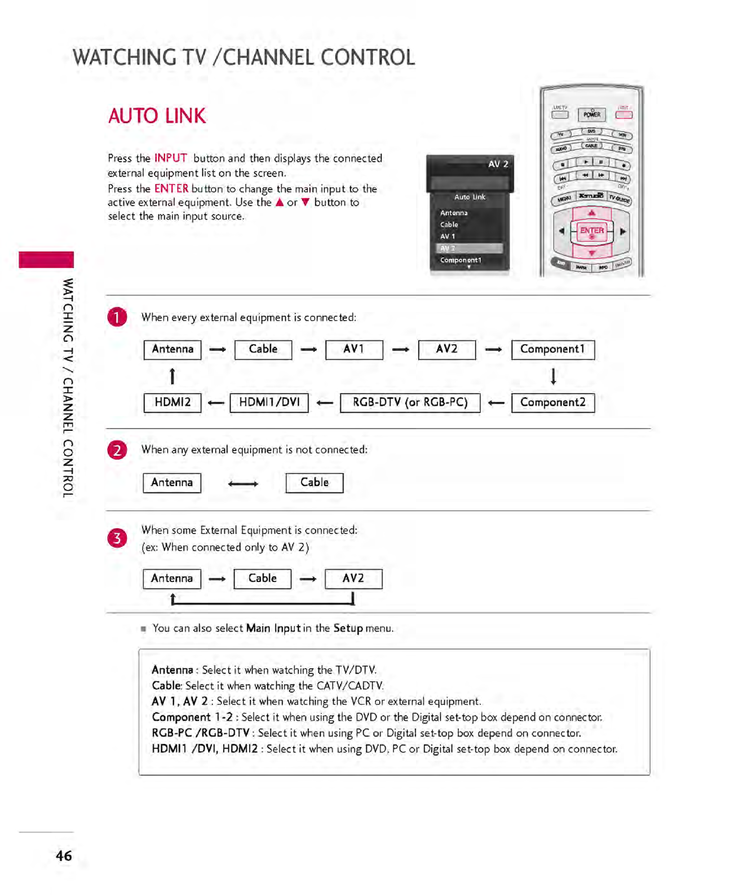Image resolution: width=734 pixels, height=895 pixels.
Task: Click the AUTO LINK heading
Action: click(x=157, y=116)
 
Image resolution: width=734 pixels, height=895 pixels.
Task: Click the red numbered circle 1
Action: click(x=117, y=317)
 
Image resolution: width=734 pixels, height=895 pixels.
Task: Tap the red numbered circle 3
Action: click(x=117, y=538)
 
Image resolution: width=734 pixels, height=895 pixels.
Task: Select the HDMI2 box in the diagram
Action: click(x=173, y=403)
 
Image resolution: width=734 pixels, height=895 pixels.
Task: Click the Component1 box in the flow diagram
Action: click(x=552, y=349)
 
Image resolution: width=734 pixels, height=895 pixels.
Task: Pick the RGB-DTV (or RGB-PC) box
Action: click(x=410, y=403)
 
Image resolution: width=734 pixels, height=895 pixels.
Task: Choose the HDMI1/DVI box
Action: click(x=269, y=403)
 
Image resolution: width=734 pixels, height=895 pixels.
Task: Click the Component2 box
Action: click(x=552, y=403)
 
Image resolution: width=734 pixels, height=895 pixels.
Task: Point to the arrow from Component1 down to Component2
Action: click(x=553, y=376)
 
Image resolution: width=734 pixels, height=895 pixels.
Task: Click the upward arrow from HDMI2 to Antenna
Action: click(x=173, y=376)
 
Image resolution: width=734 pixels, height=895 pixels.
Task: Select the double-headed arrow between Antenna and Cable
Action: click(x=243, y=484)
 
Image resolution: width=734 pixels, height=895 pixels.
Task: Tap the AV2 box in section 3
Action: click(x=353, y=579)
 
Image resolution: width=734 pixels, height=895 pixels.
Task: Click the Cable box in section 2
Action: click(x=314, y=483)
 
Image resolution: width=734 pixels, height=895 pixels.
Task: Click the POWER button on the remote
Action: click(x=591, y=115)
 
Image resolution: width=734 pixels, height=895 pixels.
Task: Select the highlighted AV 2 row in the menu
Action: click(x=469, y=248)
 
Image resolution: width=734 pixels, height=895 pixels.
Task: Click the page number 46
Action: click(x=64, y=856)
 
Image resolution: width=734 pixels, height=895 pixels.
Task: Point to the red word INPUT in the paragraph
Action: click(x=171, y=159)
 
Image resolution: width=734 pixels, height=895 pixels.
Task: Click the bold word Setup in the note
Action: click(x=348, y=629)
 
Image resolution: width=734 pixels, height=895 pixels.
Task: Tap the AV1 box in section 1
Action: click(x=354, y=349)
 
